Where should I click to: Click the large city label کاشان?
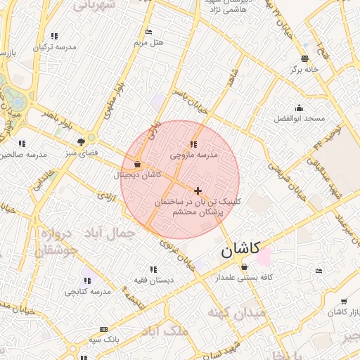pyautogui.click(x=240, y=249)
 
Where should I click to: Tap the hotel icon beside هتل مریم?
pyautogui.click(x=148, y=32)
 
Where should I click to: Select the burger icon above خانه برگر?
pyautogui.click(x=304, y=58)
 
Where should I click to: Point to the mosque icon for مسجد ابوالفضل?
pyautogui.click(x=300, y=108)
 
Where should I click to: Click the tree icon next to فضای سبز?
pyautogui.click(x=90, y=140)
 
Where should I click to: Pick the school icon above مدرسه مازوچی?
pyautogui.click(x=194, y=143)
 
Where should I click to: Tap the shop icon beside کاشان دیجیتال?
pyautogui.click(x=136, y=165)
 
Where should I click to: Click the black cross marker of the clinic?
pyautogui.click(x=198, y=190)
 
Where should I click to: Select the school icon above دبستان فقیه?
pyautogui.click(x=153, y=269)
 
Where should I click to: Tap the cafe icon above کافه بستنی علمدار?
pyautogui.click(x=244, y=267)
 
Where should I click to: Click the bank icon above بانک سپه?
pyautogui.click(x=104, y=329)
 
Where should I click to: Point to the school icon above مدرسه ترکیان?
pyautogui.click(x=55, y=36)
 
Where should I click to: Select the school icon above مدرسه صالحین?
pyautogui.click(x=22, y=143)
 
